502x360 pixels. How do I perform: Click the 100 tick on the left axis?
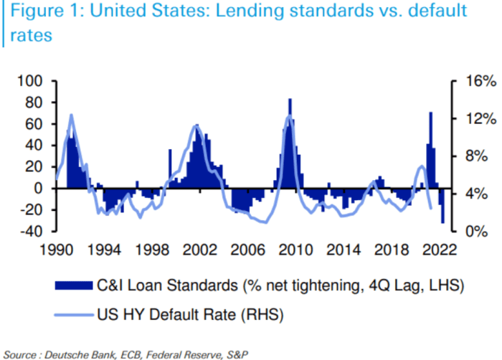[x=34, y=81]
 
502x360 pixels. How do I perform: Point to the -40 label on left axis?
[x=33, y=232]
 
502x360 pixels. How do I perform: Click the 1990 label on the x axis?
[x=57, y=250]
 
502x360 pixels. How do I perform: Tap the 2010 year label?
[x=294, y=250]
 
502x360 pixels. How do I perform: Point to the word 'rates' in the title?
[x=27, y=35]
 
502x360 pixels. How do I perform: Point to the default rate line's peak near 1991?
[x=72, y=115]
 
